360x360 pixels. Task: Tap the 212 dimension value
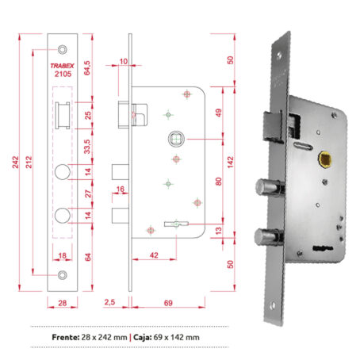click(29, 162)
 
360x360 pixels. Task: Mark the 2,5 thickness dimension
click(110, 302)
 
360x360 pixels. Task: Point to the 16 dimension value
click(121, 189)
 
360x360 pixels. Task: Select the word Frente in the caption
click(65, 337)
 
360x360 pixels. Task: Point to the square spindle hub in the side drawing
click(174, 140)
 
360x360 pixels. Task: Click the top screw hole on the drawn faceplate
click(63, 44)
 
